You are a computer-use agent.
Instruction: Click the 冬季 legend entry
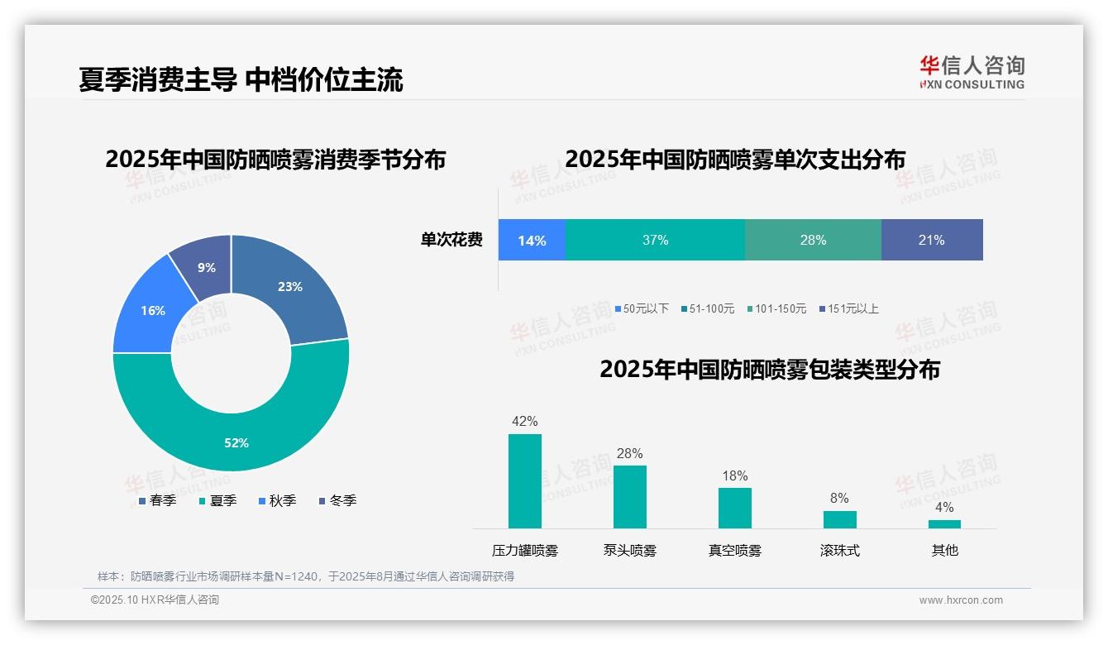coord(337,500)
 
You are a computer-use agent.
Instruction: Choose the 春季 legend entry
coord(157,500)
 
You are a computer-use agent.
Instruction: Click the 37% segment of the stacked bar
coord(655,240)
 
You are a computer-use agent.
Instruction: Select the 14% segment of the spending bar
coord(532,240)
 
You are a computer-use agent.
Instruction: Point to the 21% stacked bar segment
coord(932,240)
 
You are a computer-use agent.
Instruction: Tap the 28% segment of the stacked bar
coord(813,240)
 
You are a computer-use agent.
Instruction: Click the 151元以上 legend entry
coord(849,308)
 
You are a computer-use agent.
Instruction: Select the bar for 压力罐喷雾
coord(525,481)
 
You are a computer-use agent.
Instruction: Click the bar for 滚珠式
coord(839,519)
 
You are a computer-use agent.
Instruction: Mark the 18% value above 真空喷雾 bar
coord(734,476)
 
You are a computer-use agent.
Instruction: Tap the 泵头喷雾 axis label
coord(629,551)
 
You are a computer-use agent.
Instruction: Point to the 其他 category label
coord(944,551)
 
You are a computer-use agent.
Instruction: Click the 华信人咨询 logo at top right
coord(972,73)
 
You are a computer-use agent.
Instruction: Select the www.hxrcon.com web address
coord(961,600)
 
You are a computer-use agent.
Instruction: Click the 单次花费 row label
coord(451,240)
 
